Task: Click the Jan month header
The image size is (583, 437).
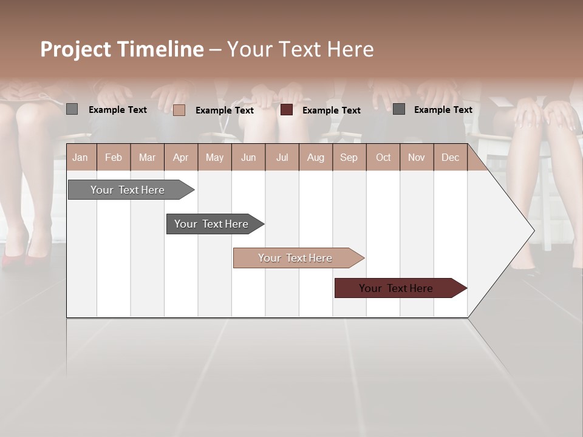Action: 80,157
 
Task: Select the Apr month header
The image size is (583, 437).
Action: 180,157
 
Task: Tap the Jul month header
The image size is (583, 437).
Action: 282,157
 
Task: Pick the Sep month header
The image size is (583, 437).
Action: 349,157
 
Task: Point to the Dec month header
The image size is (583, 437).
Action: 450,157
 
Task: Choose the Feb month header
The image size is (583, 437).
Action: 114,157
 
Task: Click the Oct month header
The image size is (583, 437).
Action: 383,157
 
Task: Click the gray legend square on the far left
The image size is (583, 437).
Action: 72,109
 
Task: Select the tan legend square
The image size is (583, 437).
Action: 179,110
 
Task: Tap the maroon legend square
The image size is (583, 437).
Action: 287,110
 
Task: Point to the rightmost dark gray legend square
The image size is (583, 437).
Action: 398,109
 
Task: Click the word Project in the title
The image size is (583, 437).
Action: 76,49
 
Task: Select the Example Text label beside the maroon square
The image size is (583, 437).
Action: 331,110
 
